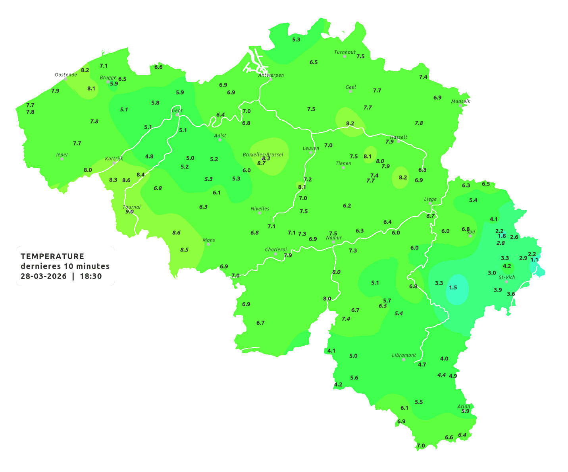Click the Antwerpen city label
[271, 75]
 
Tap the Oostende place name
[66, 75]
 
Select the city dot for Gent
[177, 115]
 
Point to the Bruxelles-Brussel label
[263, 154]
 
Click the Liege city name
[430, 199]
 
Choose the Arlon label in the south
[464, 406]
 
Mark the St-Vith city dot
[506, 282]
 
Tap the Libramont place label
[404, 355]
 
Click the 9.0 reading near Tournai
[129, 212]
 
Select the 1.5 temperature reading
[453, 288]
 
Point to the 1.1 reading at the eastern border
[535, 260]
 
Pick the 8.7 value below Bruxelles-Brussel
[261, 163]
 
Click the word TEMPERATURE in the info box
[52, 256]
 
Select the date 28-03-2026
[44, 277]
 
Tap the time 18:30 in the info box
[91, 277]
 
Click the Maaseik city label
[460, 101]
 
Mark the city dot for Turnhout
[345, 56]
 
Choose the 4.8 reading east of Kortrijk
[149, 157]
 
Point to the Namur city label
[334, 238]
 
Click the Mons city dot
[208, 244]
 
